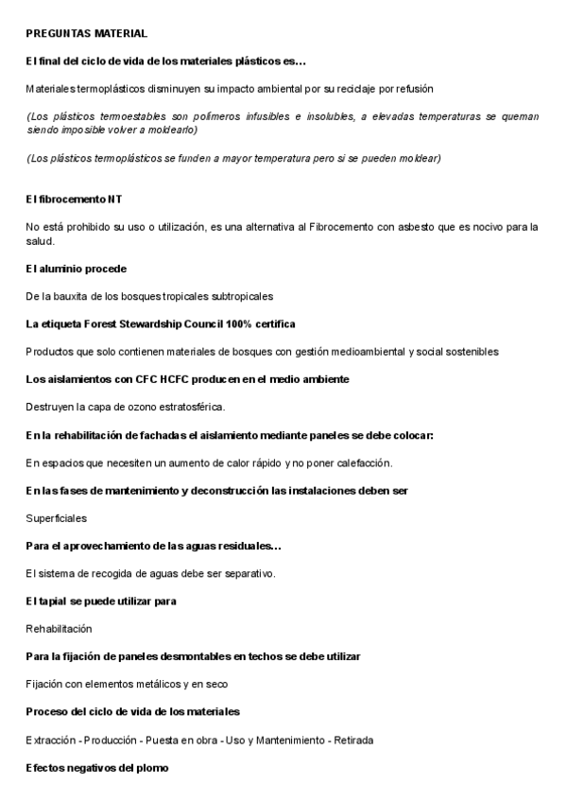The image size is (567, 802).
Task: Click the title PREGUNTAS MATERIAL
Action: tap(86, 34)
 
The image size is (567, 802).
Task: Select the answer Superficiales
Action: tap(57, 518)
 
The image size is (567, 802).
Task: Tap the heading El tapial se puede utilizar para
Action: tap(102, 601)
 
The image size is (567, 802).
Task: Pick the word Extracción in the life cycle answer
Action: tap(52, 738)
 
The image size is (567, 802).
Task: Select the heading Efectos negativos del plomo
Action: tap(97, 767)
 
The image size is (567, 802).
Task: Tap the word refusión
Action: tap(414, 88)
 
